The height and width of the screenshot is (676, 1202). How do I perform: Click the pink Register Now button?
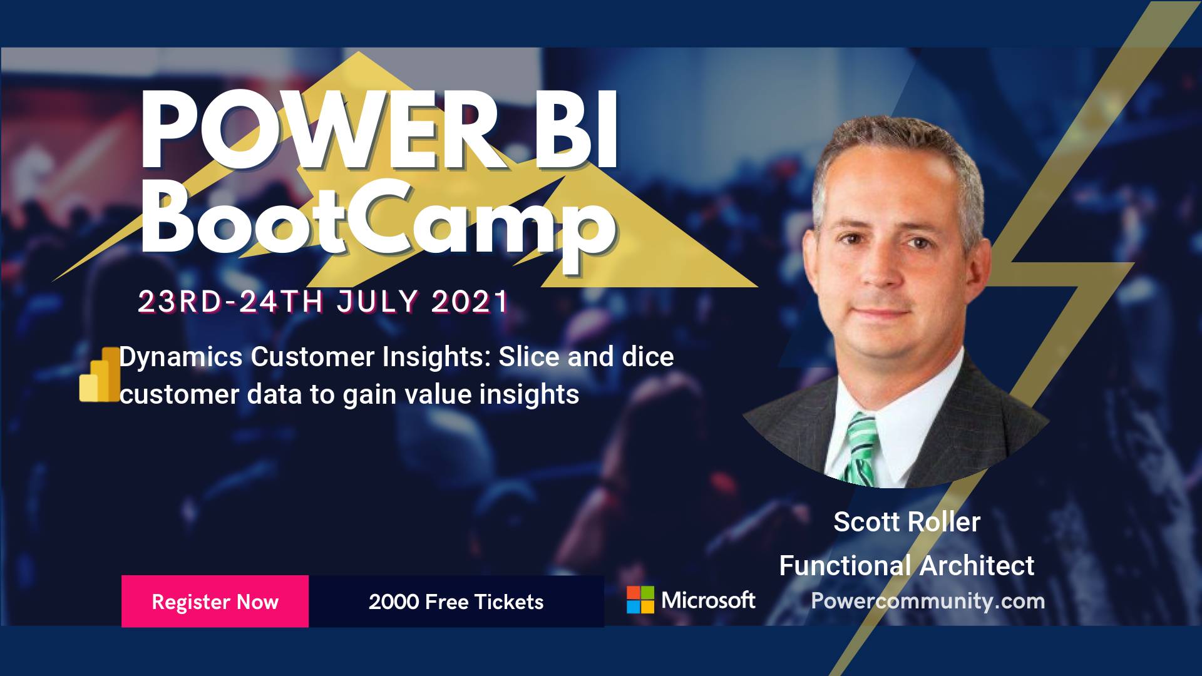pos(215,601)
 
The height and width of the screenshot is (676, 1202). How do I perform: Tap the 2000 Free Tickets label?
pos(456,602)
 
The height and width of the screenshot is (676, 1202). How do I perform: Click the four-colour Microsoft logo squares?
pos(640,600)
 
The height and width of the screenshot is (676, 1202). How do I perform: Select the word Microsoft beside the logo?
pos(708,600)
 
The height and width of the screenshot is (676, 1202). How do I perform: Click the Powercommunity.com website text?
pos(928,601)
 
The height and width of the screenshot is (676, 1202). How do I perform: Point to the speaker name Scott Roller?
pos(907,521)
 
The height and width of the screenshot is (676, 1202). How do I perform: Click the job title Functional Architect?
pos(907,565)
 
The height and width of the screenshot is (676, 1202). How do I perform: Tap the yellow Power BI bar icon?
pos(100,374)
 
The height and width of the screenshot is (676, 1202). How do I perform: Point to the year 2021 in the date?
pos(471,302)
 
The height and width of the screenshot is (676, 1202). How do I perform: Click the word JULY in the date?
pos(377,302)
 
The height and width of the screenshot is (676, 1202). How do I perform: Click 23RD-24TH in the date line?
pos(230,302)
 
